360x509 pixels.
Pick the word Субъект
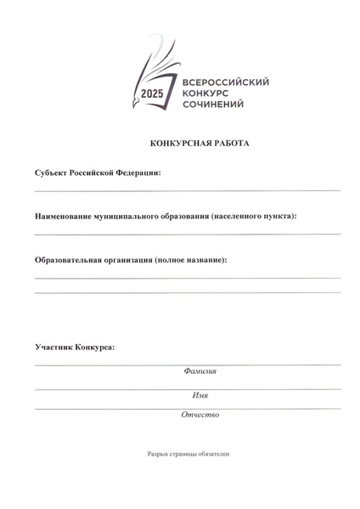[53, 172]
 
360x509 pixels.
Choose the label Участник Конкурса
[75, 348]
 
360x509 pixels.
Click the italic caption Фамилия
[200, 371]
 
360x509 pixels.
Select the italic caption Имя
[200, 395]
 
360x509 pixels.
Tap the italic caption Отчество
[200, 415]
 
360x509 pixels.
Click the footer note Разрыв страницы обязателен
[188, 454]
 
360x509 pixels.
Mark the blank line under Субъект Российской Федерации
[187, 191]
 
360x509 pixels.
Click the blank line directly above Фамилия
[187, 365]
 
